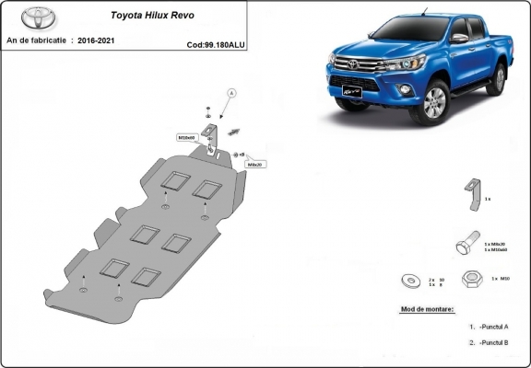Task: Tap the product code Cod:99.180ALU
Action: coord(216,43)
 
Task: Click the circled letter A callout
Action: coord(231,93)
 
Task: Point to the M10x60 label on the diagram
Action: coord(188,137)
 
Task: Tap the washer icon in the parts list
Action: coord(410,281)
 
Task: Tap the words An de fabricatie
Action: coord(37,40)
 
